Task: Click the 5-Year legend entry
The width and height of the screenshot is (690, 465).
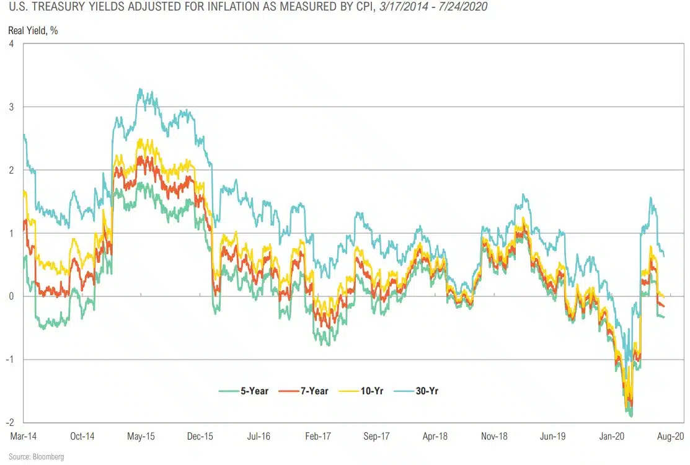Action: [x=244, y=391]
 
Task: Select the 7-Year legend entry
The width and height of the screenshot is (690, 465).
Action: [x=303, y=391]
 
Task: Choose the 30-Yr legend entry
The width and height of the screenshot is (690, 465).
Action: [x=420, y=391]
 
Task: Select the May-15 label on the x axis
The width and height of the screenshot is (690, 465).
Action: [x=141, y=436]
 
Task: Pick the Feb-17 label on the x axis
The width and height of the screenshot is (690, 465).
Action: [x=317, y=436]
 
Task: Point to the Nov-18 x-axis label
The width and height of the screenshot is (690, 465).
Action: [x=494, y=436]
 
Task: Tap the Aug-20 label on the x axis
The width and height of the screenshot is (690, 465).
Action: [x=670, y=436]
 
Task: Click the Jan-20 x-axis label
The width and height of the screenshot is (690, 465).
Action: [x=612, y=436]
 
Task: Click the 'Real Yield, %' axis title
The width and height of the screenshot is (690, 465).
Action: [x=33, y=30]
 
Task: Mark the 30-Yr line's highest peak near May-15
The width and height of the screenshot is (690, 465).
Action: [x=141, y=89]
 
